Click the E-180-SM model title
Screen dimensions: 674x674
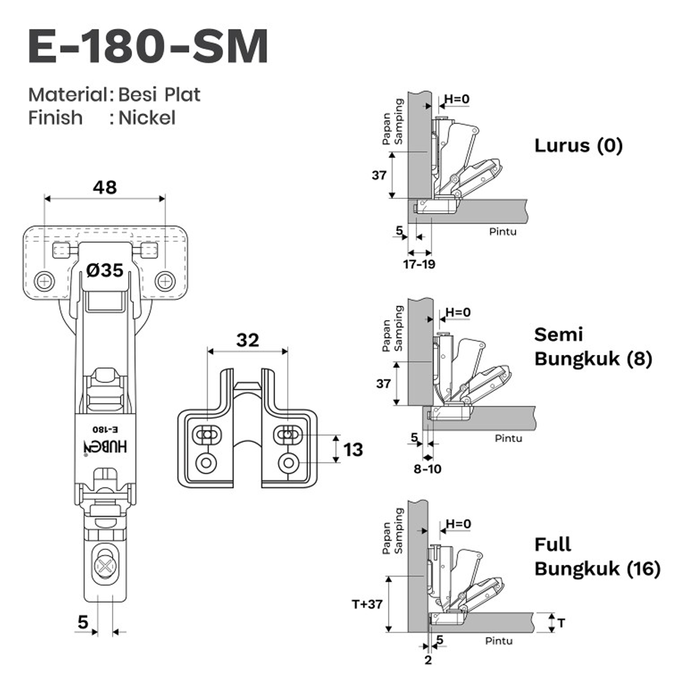[148, 47]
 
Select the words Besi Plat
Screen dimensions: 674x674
[160, 94]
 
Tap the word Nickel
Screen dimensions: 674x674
[147, 118]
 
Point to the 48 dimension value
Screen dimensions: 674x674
[104, 187]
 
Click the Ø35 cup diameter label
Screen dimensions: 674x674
[104, 271]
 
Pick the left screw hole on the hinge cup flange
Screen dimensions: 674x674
[45, 281]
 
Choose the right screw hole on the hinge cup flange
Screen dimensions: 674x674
[164, 281]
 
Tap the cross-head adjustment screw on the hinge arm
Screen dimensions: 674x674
[105, 559]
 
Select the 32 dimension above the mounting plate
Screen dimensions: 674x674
[247, 340]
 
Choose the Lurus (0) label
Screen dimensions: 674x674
[578, 146]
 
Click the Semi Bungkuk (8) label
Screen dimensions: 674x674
[592, 347]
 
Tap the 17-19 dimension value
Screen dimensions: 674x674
[419, 264]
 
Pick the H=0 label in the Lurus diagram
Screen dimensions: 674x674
[456, 100]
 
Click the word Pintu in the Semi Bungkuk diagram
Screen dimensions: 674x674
[508, 438]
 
